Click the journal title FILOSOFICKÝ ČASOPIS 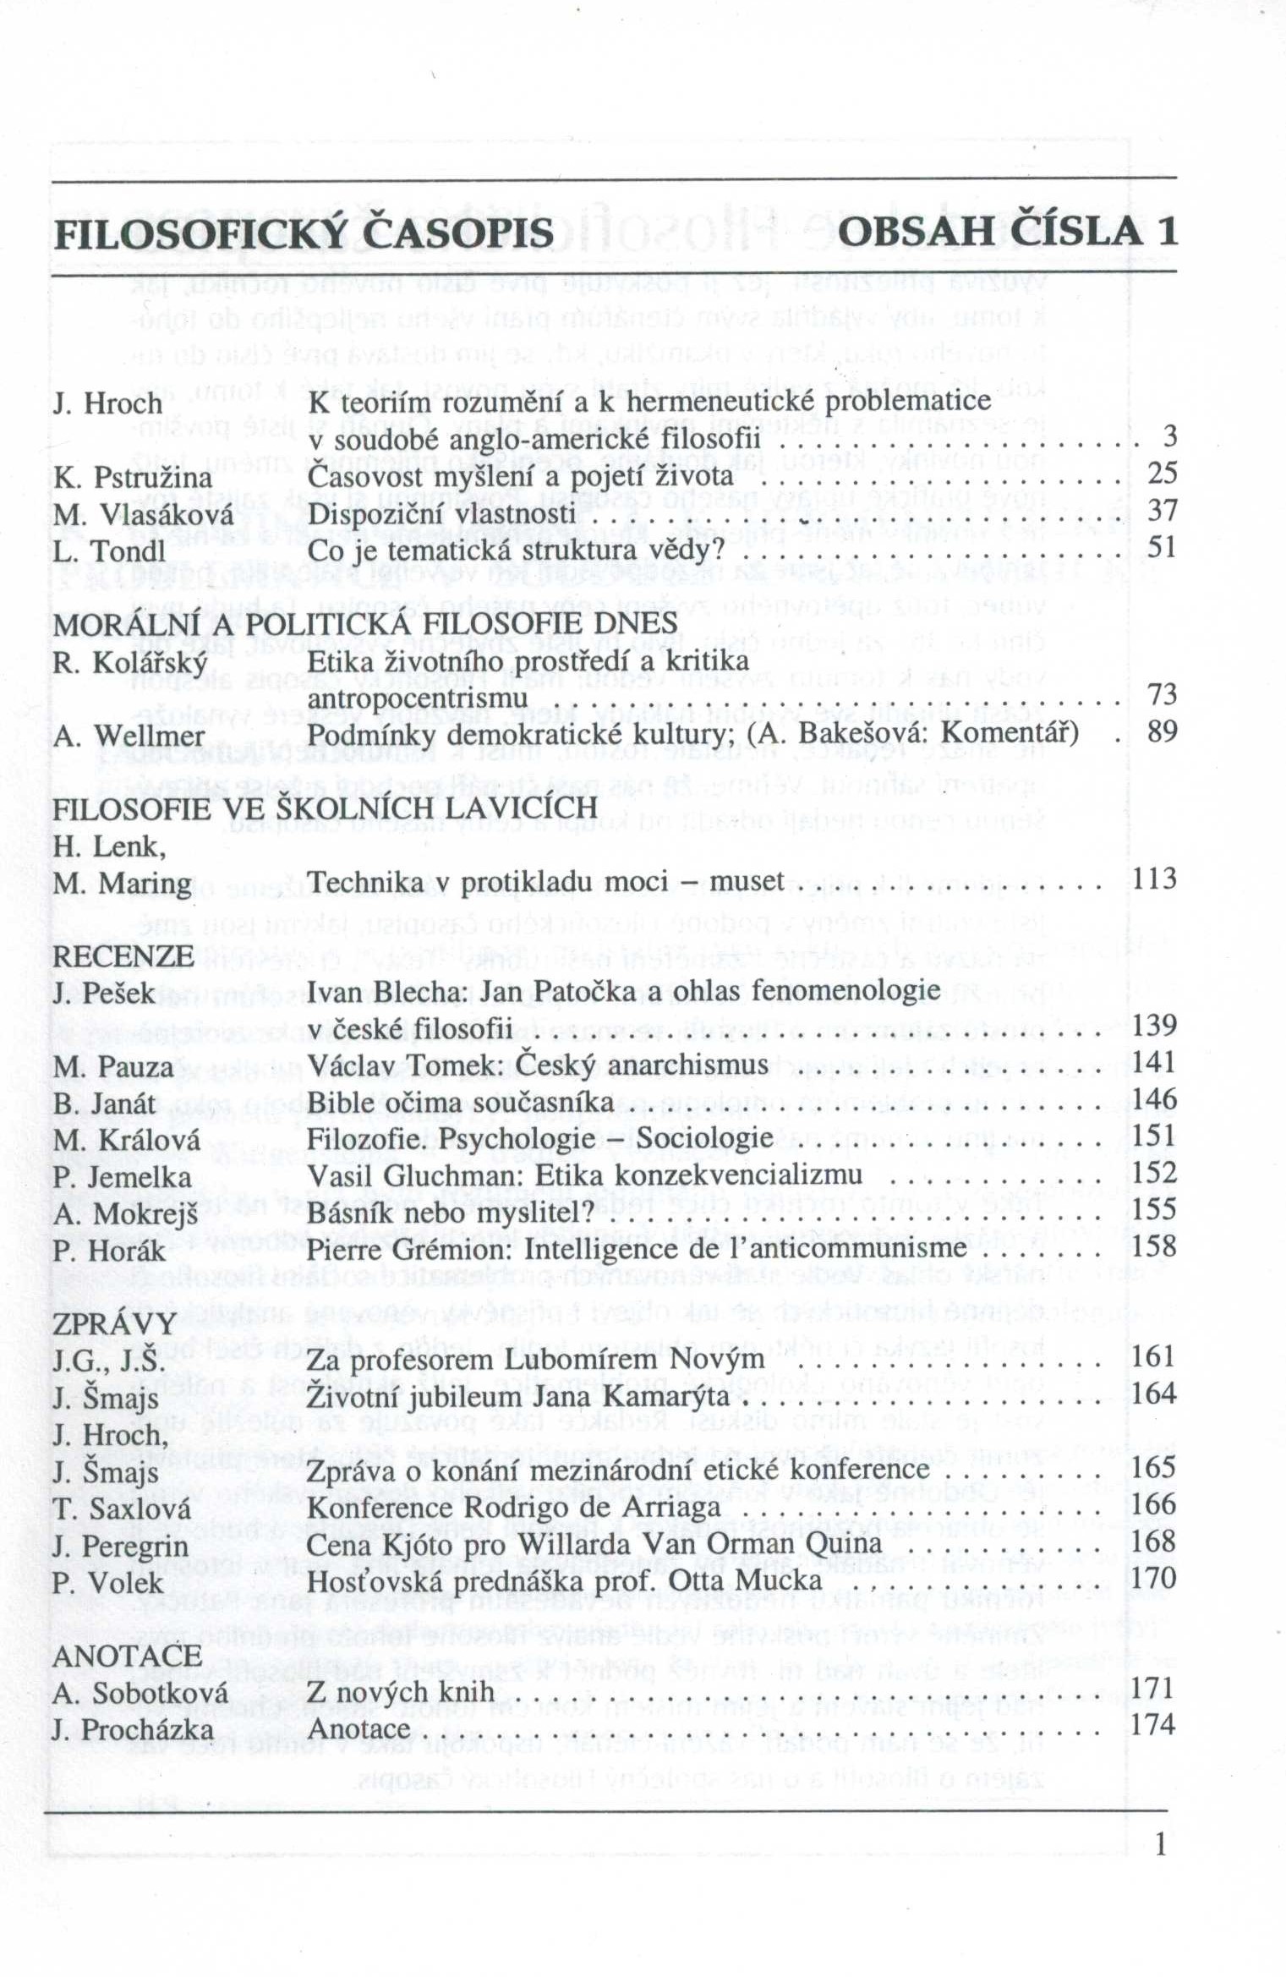pyautogui.click(x=304, y=233)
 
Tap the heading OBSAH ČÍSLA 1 pyautogui.click(x=1007, y=232)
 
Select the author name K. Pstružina pyautogui.click(x=132, y=478)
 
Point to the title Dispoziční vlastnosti pyautogui.click(x=441, y=514)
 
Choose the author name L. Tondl pyautogui.click(x=109, y=551)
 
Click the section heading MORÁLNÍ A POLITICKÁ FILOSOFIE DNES pyautogui.click(x=365, y=624)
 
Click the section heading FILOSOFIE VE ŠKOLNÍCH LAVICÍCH pyautogui.click(x=325, y=808)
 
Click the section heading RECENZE pyautogui.click(x=123, y=956)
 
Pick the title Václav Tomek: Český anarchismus pyautogui.click(x=537, y=1065)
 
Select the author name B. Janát pyautogui.click(x=104, y=1104)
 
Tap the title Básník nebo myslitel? pyautogui.click(x=451, y=1213)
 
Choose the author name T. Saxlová pyautogui.click(x=121, y=1509)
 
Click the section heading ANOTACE pyautogui.click(x=127, y=1655)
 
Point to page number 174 pyautogui.click(x=1154, y=1723)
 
